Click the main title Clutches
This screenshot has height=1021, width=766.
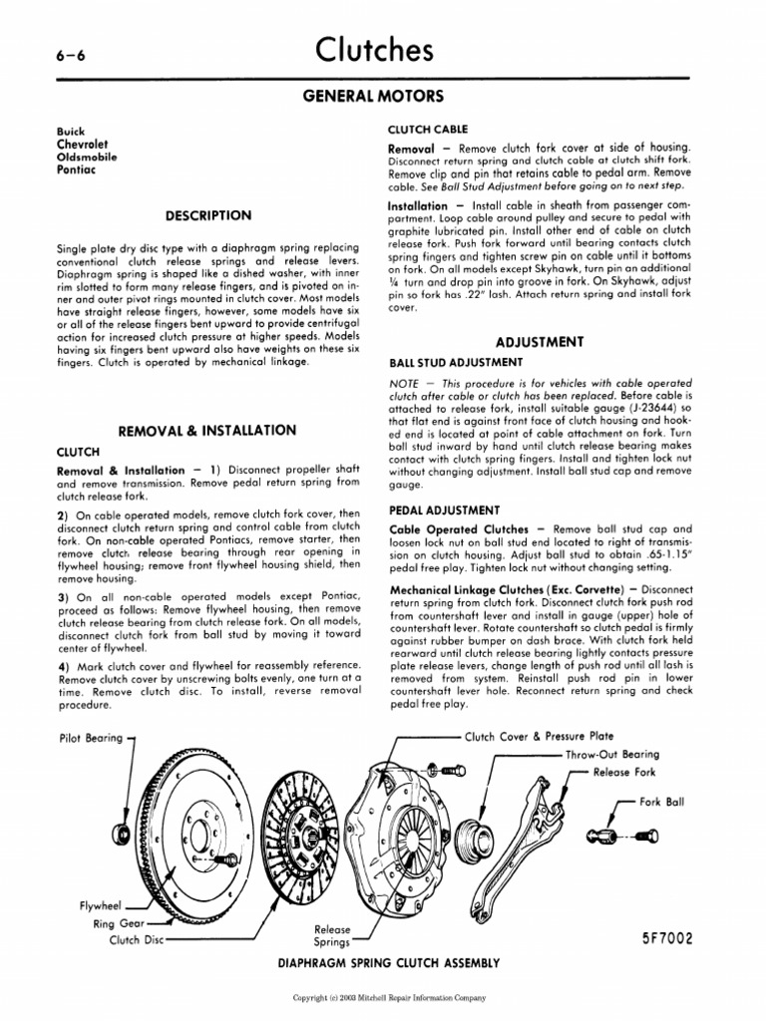(x=374, y=50)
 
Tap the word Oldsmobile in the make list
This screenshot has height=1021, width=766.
(x=88, y=157)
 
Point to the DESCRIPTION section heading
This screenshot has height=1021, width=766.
(x=208, y=214)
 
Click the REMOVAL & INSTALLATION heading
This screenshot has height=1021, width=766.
(x=207, y=430)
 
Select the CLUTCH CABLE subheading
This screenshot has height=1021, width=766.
(x=427, y=130)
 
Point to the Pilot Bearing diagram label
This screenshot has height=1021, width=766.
(x=91, y=738)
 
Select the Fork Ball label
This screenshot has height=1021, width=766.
(x=661, y=801)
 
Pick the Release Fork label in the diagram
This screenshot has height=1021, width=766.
(x=625, y=771)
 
